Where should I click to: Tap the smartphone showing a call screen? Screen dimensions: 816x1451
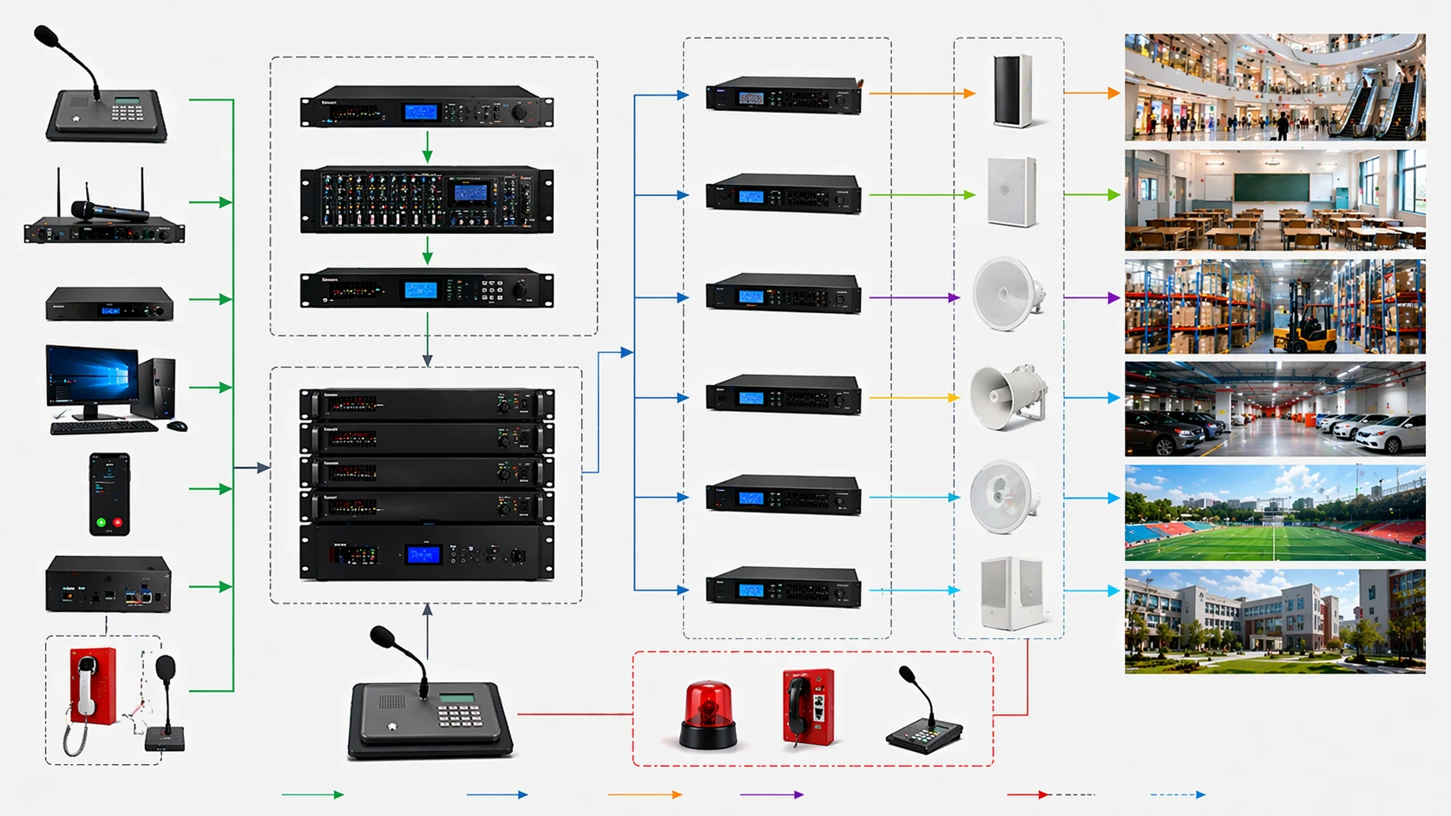[x=109, y=493]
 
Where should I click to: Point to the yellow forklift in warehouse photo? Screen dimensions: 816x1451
[x=1309, y=329]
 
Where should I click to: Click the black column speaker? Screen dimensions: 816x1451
[x=1012, y=91]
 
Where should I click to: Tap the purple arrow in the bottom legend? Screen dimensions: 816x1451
[x=771, y=794]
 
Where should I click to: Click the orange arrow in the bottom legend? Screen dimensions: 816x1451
[x=644, y=794]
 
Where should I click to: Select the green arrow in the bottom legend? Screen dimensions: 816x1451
[x=312, y=794]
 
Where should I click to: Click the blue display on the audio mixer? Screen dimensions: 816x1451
[x=471, y=193]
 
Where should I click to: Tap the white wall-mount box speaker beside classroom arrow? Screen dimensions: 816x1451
[x=1012, y=193]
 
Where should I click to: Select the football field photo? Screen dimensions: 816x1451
[x=1274, y=512]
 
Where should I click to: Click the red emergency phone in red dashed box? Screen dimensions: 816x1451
[x=808, y=707]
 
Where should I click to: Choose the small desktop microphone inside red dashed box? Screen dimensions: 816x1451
[x=922, y=715]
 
